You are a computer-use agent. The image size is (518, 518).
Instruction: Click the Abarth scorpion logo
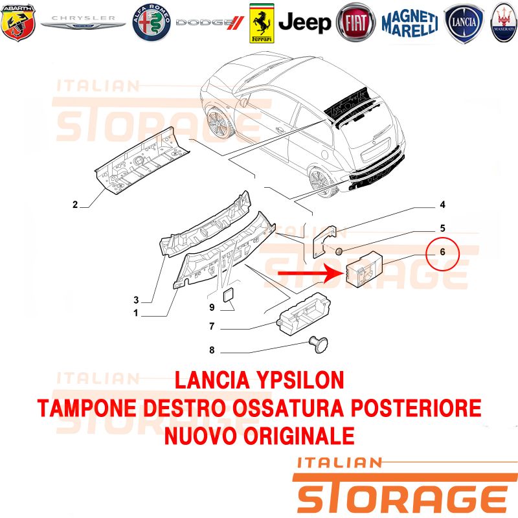pyautogui.click(x=18, y=23)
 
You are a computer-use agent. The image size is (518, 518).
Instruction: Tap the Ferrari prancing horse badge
pyautogui.click(x=262, y=23)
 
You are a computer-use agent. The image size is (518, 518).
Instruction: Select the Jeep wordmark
pyautogui.click(x=304, y=23)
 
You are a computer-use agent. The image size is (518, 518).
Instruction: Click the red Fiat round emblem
pyautogui.click(x=355, y=23)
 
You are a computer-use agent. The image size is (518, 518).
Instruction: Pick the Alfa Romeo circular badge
pyautogui.click(x=152, y=23)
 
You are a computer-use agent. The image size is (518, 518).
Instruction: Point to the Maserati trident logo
pyautogui.click(x=504, y=23)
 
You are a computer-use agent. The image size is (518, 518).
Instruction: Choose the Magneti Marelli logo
pyautogui.click(x=410, y=23)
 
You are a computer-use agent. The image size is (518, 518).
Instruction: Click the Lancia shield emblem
pyautogui.click(x=464, y=23)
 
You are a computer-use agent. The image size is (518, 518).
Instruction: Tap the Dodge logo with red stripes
pyautogui.click(x=210, y=23)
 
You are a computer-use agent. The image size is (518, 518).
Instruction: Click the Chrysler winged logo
pyautogui.click(x=83, y=22)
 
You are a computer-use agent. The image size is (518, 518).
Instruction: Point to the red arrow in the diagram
pyautogui.click(x=308, y=273)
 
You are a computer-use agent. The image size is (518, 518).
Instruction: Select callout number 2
pyautogui.click(x=75, y=205)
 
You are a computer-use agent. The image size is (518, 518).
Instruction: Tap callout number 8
pyautogui.click(x=212, y=350)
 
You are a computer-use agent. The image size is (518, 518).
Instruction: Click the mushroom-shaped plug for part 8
pyautogui.click(x=318, y=344)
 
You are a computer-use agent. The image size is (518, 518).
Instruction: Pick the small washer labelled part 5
pyautogui.click(x=339, y=251)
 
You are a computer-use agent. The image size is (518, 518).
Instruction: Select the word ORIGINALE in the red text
pyautogui.click(x=299, y=436)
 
